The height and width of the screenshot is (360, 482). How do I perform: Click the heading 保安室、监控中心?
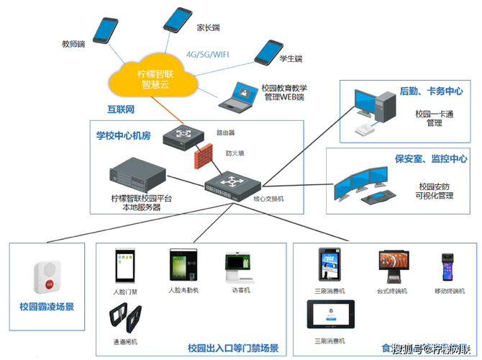click(430, 158)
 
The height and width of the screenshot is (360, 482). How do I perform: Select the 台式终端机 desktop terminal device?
click(393, 266)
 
